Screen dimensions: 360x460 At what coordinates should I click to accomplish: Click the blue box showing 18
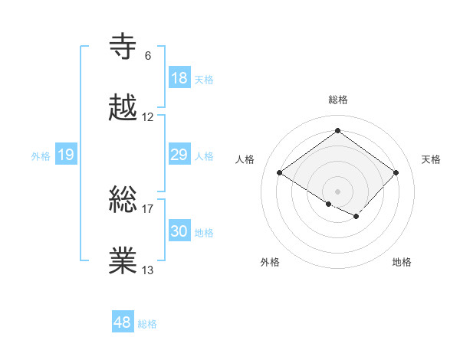tap(179, 78)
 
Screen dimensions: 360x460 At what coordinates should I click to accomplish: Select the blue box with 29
tap(179, 155)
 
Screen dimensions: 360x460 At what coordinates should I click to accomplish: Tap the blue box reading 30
tap(179, 231)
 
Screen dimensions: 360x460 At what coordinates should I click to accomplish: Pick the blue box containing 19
tap(66, 155)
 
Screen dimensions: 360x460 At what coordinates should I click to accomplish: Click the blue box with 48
tap(123, 322)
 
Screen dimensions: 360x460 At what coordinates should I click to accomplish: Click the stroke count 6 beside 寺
tap(147, 55)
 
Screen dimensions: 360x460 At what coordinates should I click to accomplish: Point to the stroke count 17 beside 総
tap(148, 208)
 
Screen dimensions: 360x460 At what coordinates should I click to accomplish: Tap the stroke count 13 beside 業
tap(148, 270)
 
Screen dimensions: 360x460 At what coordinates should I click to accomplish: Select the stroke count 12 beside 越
tap(148, 117)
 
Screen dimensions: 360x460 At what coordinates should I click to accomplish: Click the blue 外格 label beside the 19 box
tap(41, 156)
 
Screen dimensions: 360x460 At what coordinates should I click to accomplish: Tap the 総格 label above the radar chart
tap(337, 100)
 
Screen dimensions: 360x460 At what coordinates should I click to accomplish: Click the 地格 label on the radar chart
tap(402, 262)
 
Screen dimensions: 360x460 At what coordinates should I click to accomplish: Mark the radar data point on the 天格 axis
tap(396, 173)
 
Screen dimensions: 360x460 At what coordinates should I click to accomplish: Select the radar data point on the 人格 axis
tap(280, 173)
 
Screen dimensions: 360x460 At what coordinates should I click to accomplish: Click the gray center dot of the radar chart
tap(337, 190)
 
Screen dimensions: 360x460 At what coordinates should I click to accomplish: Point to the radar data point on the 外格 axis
tap(329, 204)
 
